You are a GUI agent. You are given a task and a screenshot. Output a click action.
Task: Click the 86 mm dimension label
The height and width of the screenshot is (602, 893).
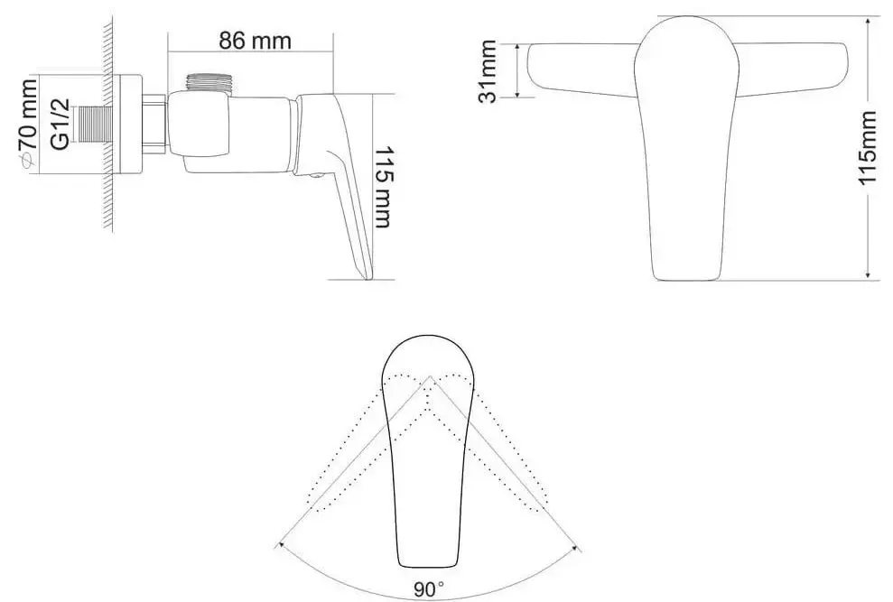tap(247, 40)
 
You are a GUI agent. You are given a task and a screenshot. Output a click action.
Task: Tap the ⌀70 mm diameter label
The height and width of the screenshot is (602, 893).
tap(28, 122)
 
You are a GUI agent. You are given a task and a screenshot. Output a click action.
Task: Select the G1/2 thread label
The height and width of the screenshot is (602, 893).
tap(60, 122)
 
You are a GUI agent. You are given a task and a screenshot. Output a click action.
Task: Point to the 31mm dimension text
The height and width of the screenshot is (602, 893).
tap(488, 71)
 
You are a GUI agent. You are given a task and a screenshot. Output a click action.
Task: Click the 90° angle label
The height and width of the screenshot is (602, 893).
tap(429, 590)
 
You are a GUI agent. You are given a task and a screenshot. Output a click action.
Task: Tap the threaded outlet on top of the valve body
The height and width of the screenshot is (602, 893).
tap(208, 82)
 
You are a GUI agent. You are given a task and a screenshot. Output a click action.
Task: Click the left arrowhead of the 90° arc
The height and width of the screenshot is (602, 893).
tap(281, 545)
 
